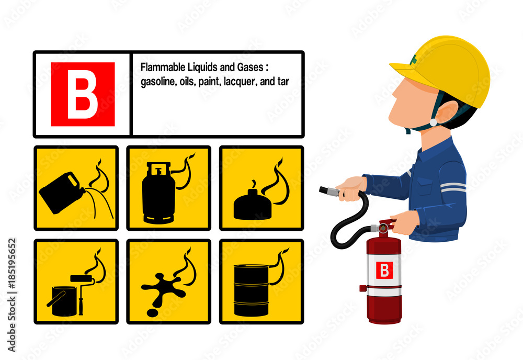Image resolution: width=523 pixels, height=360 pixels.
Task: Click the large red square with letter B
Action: coord(83,94)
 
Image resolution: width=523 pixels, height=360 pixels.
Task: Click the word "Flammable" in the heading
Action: coord(163,67)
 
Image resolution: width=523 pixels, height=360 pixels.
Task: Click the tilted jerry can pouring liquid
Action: coord(62,192)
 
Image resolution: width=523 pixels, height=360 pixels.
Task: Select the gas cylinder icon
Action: coord(158,193)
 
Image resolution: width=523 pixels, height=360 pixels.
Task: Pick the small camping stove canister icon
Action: coord(253,205)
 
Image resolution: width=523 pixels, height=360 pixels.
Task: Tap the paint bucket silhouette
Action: coord(64,301)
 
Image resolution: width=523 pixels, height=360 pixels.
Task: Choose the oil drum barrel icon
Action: coord(251,290)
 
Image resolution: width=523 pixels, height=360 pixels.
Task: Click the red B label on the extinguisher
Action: coord(384,270)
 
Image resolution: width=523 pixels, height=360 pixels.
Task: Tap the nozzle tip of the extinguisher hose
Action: coord(322,190)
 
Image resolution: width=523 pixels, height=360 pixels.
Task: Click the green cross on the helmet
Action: coord(415,59)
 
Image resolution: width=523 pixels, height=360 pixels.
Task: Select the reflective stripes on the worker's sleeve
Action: coord(453,187)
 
